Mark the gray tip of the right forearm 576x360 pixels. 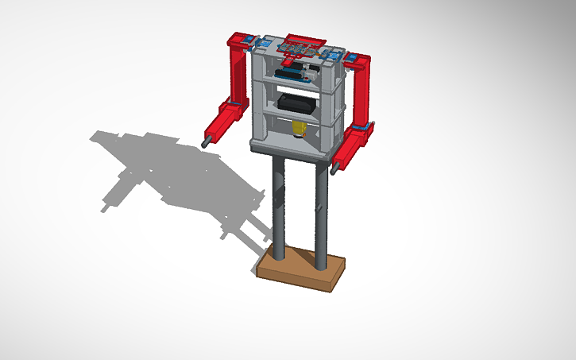(335, 168)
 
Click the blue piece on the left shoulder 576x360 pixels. (248, 40)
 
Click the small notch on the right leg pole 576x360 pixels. (321, 208)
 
